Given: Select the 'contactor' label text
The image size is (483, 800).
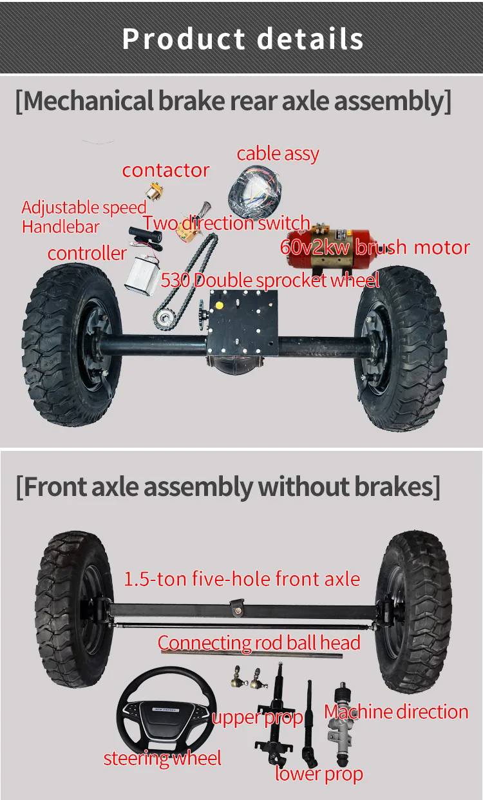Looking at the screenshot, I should [x=166, y=170].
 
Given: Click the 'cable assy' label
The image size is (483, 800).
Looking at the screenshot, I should [x=278, y=154].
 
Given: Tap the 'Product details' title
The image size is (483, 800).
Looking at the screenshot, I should [x=242, y=39].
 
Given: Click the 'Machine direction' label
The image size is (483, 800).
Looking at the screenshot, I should [x=395, y=712].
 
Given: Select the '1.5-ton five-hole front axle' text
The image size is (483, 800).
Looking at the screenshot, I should [x=241, y=578].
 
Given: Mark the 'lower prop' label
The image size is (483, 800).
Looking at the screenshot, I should [x=319, y=774].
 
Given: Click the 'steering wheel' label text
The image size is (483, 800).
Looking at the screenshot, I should [x=162, y=758].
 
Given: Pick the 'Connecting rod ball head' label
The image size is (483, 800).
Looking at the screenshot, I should [x=259, y=643].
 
